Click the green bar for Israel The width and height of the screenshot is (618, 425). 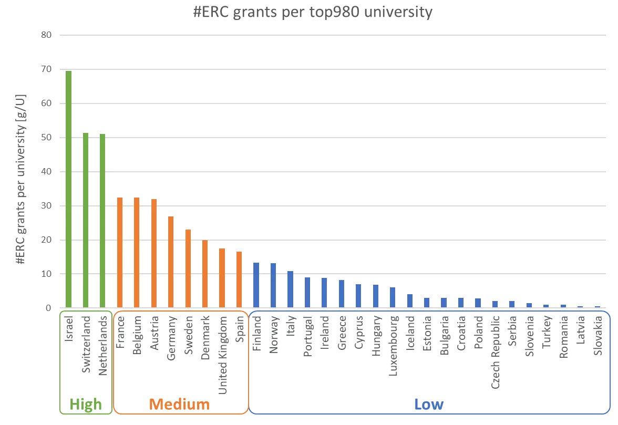(x=68, y=189)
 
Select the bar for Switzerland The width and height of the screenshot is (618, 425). (x=86, y=220)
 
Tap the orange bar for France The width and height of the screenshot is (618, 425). (x=120, y=253)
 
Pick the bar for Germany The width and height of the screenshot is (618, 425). (x=171, y=262)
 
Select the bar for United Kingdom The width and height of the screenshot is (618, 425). (x=222, y=278)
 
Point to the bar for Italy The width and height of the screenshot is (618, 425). (x=290, y=289)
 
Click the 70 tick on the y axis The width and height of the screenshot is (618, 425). (x=47, y=69)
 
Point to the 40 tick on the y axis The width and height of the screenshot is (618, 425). (x=47, y=172)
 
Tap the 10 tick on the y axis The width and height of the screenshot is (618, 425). (x=47, y=274)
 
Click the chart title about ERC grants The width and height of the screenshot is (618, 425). (x=313, y=12)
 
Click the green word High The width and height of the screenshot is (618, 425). (x=86, y=405)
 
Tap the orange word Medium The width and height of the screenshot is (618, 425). (x=179, y=405)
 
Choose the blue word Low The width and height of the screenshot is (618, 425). (x=428, y=405)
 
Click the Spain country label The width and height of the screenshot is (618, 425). (x=239, y=328)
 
